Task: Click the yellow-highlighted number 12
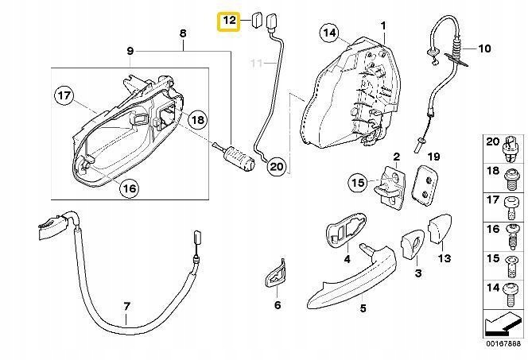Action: coord(229,20)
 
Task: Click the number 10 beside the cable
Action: coord(485,48)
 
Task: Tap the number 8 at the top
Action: coord(182,33)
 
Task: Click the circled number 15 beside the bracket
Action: coord(358,184)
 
